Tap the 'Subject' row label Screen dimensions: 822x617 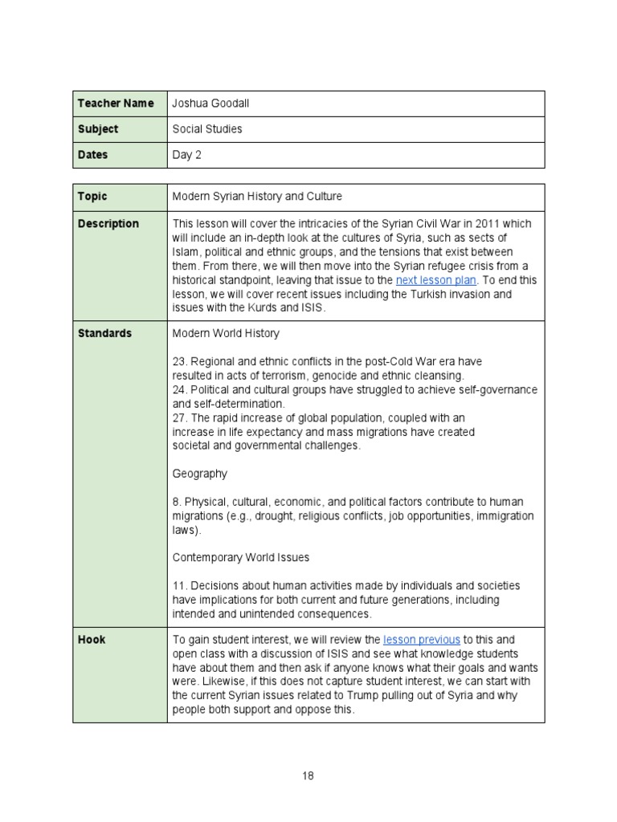click(98, 129)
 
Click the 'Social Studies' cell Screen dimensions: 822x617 click(207, 129)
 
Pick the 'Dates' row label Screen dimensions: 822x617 click(92, 155)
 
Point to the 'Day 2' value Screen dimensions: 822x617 click(186, 155)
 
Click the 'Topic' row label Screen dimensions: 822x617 click(92, 197)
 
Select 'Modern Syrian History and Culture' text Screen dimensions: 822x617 click(256, 197)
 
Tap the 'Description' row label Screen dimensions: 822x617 click(108, 224)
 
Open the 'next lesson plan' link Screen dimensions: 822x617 click(436, 280)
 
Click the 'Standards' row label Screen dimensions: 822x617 click(105, 333)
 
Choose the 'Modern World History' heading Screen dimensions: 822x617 click(226, 333)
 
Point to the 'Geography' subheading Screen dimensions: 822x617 click(199, 474)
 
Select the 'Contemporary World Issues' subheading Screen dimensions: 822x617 click(241, 557)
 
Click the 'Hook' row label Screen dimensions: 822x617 click(92, 640)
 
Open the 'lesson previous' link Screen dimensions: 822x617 click(422, 640)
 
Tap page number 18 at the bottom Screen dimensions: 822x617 click(308, 775)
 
